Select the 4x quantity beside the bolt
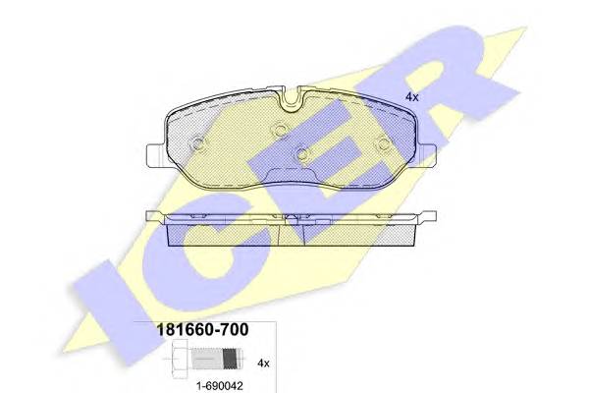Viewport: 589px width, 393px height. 264,362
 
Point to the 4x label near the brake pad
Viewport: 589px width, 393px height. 412,96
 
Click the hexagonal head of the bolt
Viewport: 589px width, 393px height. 173,362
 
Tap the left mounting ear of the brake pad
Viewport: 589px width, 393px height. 155,155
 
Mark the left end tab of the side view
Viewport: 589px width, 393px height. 152,216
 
